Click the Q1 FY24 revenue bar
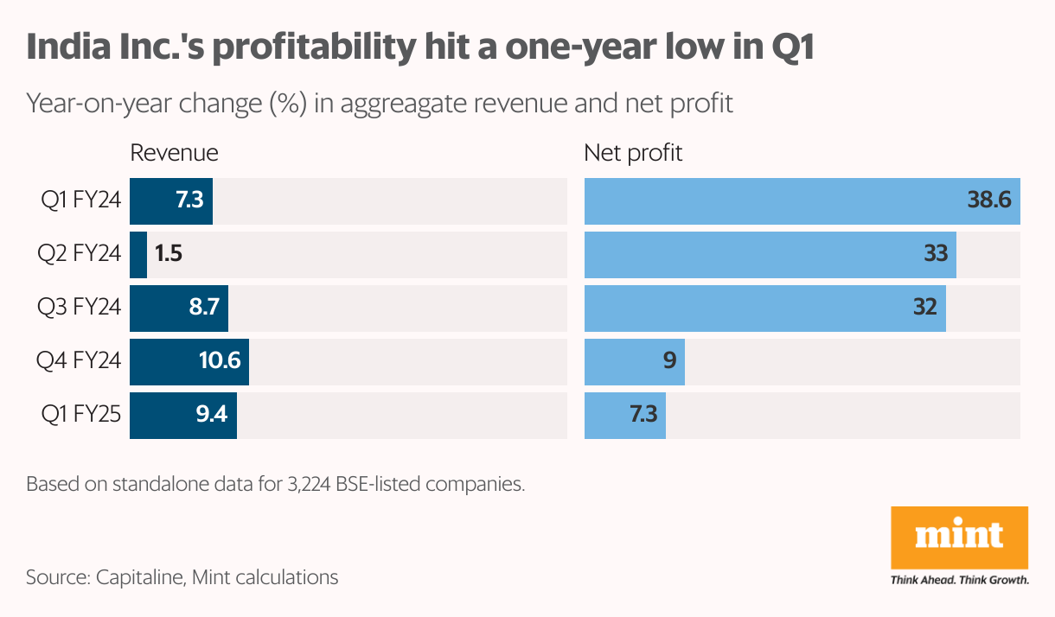[171, 201]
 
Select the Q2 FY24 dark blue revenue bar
[138, 254]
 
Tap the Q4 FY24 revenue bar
[189, 361]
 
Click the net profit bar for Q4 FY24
[634, 361]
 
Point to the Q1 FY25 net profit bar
[624, 415]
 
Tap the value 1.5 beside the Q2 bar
[169, 254]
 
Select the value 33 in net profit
[935, 254]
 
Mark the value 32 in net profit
[924, 308]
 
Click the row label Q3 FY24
[79, 308]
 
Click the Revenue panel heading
[174, 154]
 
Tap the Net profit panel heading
[633, 154]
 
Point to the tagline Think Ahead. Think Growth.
[959, 580]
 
